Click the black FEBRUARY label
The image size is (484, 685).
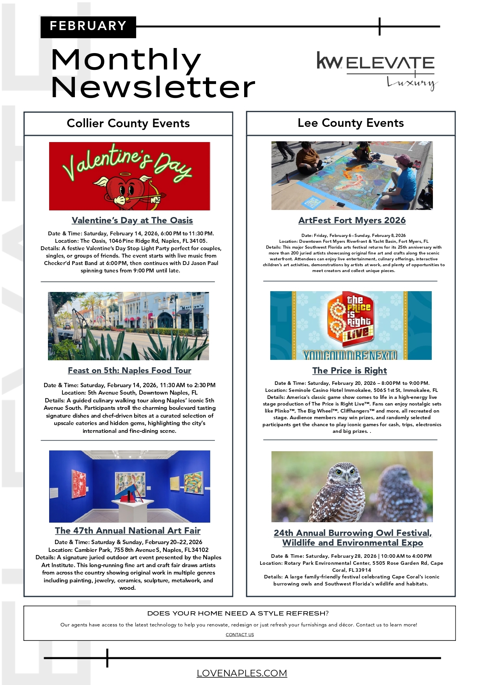[88, 27]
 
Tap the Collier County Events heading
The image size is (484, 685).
[128, 123]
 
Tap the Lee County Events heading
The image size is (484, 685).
[350, 123]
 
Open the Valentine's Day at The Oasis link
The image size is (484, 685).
[132, 221]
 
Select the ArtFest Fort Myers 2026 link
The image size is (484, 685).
[352, 221]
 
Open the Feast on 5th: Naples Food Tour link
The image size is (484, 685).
[129, 370]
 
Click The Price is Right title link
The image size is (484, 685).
[349, 370]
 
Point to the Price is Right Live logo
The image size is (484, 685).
[351, 320]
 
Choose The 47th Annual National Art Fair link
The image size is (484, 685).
[128, 531]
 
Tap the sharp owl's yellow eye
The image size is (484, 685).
[339, 472]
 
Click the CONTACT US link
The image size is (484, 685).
[239, 635]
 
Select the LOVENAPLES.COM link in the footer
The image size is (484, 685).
[242, 673]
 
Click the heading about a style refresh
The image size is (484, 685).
[238, 614]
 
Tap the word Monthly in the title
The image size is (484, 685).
[126, 60]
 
